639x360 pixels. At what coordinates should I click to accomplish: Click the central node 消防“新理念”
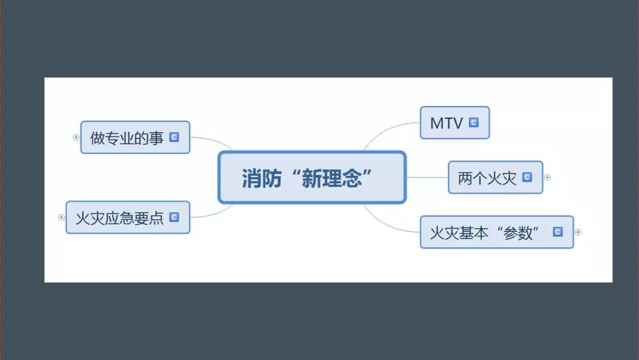[x=312, y=178]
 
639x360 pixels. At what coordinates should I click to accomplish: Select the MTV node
[x=446, y=123]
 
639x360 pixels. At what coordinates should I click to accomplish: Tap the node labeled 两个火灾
[x=487, y=178]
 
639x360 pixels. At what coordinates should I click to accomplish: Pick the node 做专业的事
[x=127, y=138]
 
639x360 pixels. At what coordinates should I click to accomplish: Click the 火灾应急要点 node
[x=120, y=217]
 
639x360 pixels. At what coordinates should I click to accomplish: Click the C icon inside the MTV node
[x=473, y=123]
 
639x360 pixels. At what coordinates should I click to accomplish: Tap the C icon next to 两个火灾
[x=527, y=177]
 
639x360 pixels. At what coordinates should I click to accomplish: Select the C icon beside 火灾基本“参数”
[x=557, y=232]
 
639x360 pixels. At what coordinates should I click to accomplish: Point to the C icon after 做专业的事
[x=174, y=137]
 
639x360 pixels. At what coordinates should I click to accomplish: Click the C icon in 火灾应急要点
[x=174, y=217]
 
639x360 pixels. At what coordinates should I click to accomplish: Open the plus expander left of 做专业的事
[x=76, y=137]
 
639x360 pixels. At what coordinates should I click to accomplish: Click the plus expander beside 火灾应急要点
[x=61, y=217]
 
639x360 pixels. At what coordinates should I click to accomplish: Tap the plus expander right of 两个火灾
[x=547, y=177]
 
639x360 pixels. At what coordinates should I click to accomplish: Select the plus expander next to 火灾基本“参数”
[x=578, y=232]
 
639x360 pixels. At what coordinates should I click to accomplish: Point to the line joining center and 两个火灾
[x=427, y=177]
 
